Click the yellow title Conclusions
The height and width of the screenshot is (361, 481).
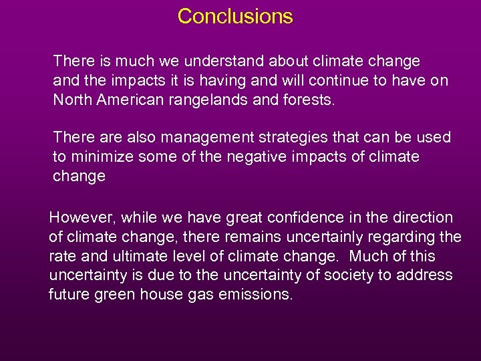point(235,16)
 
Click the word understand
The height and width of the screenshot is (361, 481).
point(218,62)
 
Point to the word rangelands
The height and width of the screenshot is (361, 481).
point(211,100)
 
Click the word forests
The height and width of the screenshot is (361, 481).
point(310,100)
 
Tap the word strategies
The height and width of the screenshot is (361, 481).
point(273,138)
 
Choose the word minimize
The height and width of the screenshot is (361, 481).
point(100,157)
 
